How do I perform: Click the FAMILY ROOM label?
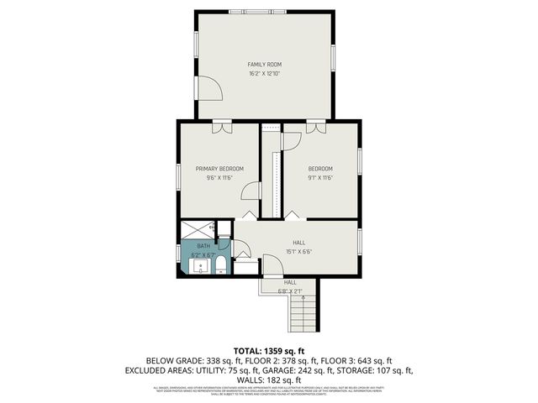[x=264, y=65]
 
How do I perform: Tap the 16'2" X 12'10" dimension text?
[x=264, y=74]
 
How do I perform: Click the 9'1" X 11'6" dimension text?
[x=320, y=178]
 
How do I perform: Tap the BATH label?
[x=204, y=245]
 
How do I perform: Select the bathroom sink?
[x=201, y=267]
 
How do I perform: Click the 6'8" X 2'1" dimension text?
[x=289, y=290]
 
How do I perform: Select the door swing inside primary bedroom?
[x=251, y=192]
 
